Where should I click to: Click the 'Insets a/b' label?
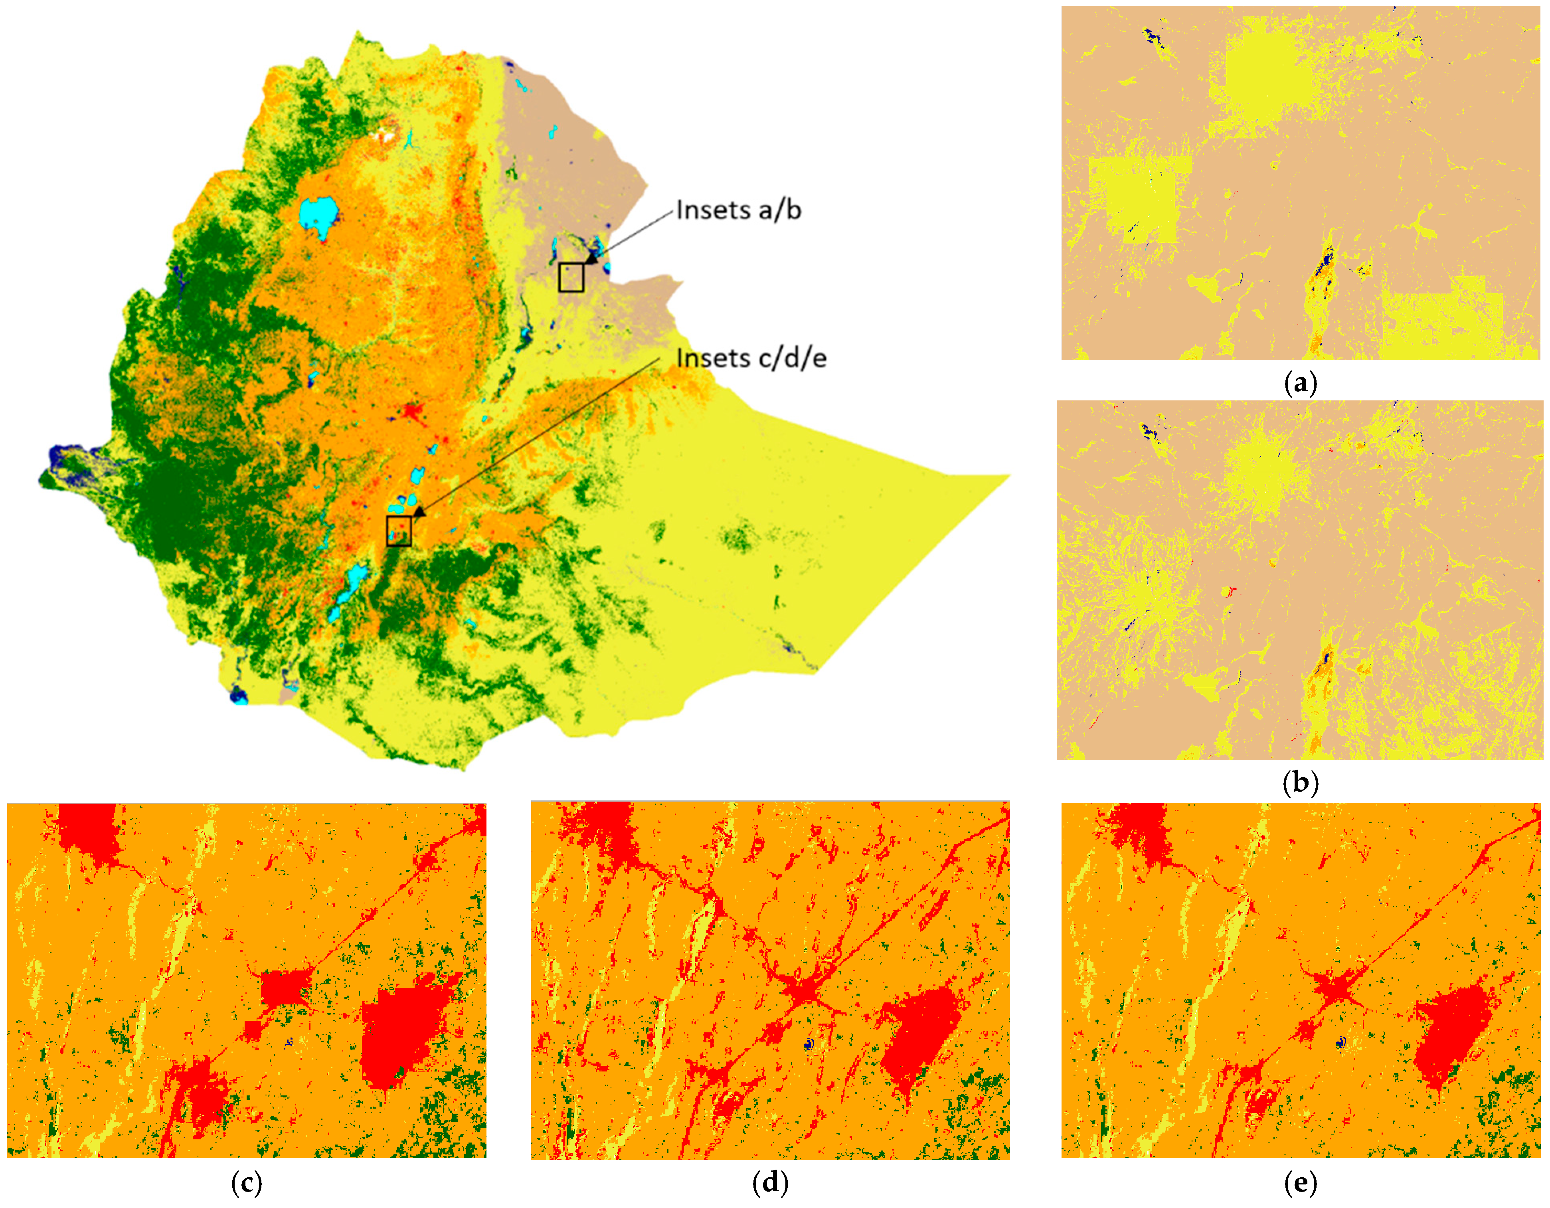point(738,210)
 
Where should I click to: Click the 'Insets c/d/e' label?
point(751,358)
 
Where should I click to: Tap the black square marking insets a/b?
point(571,277)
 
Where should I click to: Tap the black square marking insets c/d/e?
point(399,531)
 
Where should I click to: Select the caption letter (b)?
point(1300,782)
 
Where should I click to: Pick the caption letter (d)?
point(770,1182)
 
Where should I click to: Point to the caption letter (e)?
point(1300,1182)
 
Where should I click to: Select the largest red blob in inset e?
point(1451,1033)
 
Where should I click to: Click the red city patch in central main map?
point(411,412)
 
